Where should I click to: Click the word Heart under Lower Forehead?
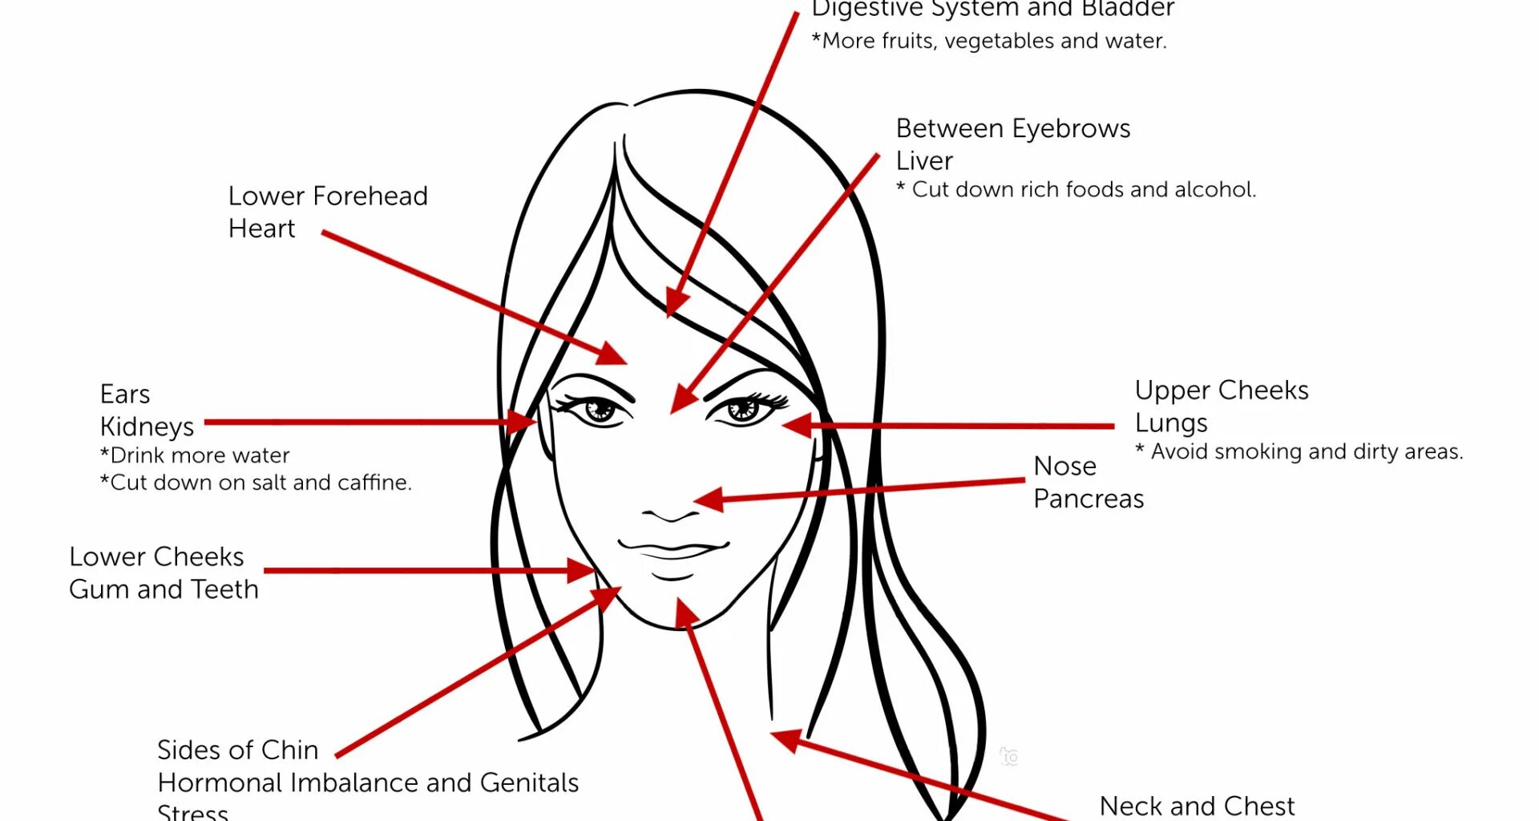tap(261, 229)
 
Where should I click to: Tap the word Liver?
tap(924, 160)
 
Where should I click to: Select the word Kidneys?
tap(147, 427)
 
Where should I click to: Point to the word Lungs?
tap(1171, 423)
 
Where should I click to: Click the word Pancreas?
tap(1088, 499)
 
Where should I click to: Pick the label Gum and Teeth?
tap(164, 589)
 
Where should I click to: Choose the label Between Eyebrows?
tap(1013, 128)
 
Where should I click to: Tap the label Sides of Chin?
tap(237, 750)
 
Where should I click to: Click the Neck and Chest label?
tap(1197, 806)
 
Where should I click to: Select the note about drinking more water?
tap(195, 455)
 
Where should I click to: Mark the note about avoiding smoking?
tap(1299, 451)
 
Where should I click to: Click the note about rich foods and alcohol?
tap(1076, 189)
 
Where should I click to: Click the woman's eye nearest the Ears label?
tap(599, 410)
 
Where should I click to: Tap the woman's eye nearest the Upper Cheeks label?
tap(742, 409)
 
